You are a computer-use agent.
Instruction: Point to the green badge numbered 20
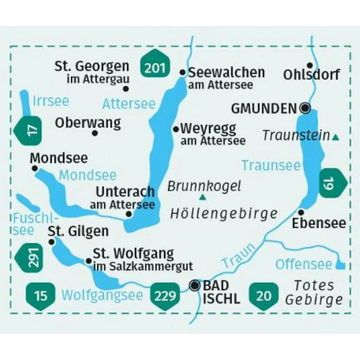(x=265, y=295)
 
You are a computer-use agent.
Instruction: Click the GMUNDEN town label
(x=263, y=108)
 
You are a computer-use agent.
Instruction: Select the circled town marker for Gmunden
(x=305, y=108)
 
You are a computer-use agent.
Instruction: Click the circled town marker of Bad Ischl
(x=195, y=285)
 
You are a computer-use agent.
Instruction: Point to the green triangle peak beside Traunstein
(x=335, y=138)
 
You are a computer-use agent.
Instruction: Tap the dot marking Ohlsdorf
(x=310, y=65)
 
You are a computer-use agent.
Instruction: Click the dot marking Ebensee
(x=301, y=212)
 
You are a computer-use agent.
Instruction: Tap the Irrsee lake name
(x=50, y=101)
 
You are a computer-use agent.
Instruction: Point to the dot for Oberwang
(x=95, y=133)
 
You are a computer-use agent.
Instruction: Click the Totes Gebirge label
(x=314, y=292)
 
